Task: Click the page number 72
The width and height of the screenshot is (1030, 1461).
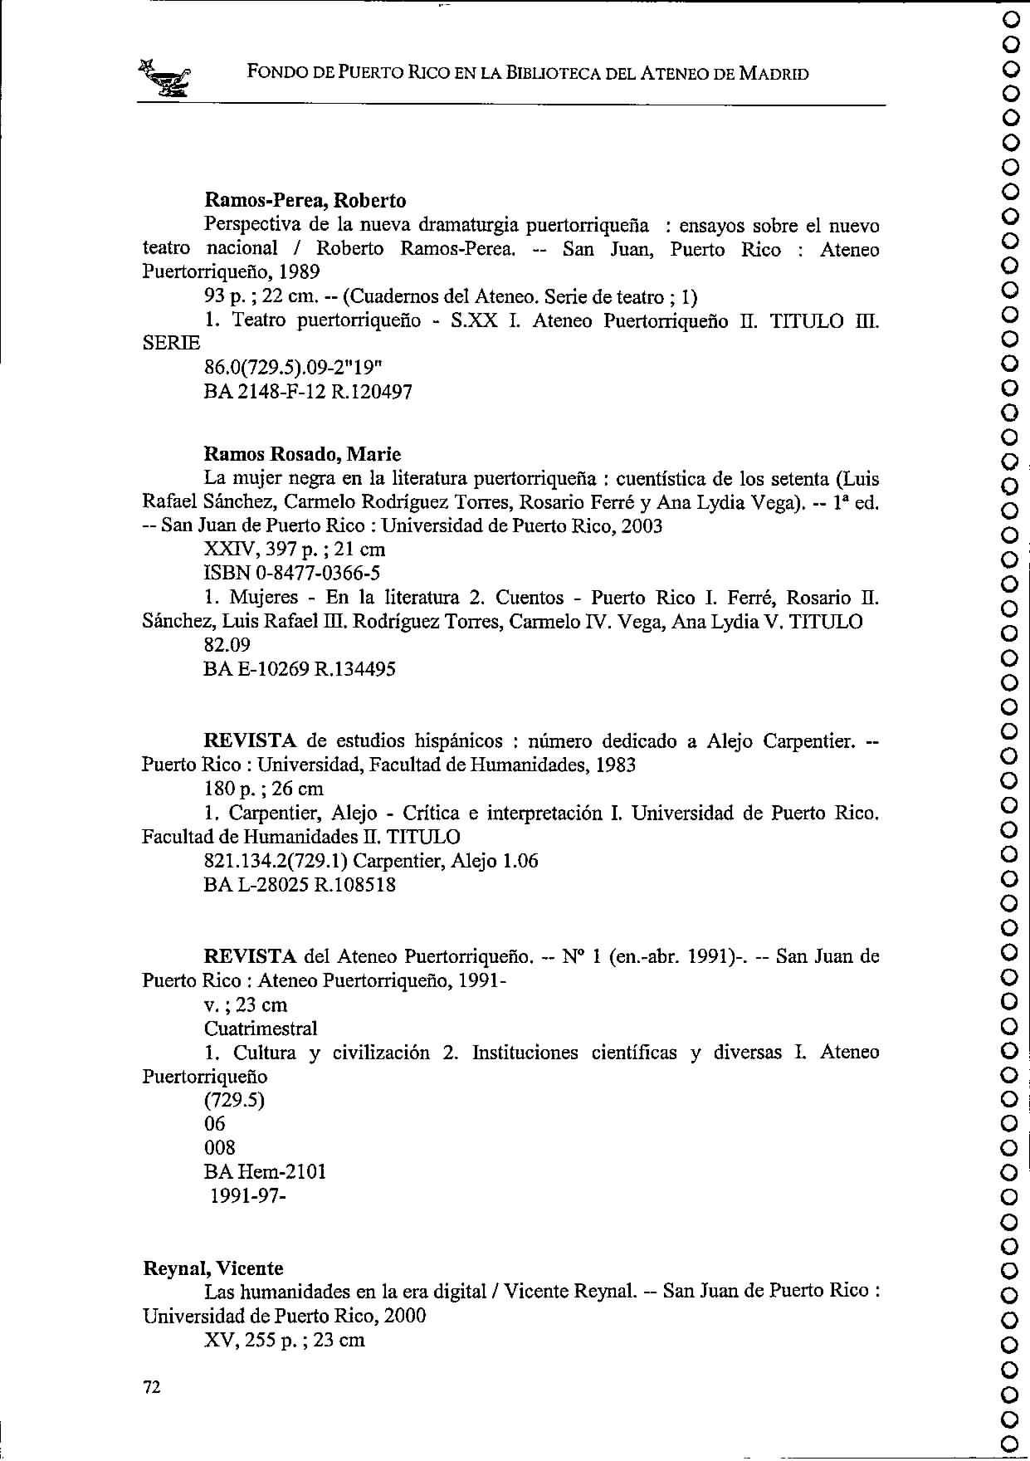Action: pyautogui.click(x=151, y=1386)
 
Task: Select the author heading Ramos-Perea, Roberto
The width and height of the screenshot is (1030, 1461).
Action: pyautogui.click(x=305, y=201)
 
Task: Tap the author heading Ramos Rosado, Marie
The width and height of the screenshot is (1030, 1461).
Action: pyautogui.click(x=302, y=454)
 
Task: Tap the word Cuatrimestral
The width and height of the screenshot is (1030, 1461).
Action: pyautogui.click(x=261, y=1029)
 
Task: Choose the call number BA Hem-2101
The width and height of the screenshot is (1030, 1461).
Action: pyautogui.click(x=265, y=1172)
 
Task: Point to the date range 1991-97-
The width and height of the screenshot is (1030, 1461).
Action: pyautogui.click(x=248, y=1196)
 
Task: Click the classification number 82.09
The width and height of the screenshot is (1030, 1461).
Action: pyautogui.click(x=227, y=645)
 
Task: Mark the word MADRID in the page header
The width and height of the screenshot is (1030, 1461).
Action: pyautogui.click(x=774, y=74)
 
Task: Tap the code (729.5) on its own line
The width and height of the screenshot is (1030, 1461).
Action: pyautogui.click(x=234, y=1101)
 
